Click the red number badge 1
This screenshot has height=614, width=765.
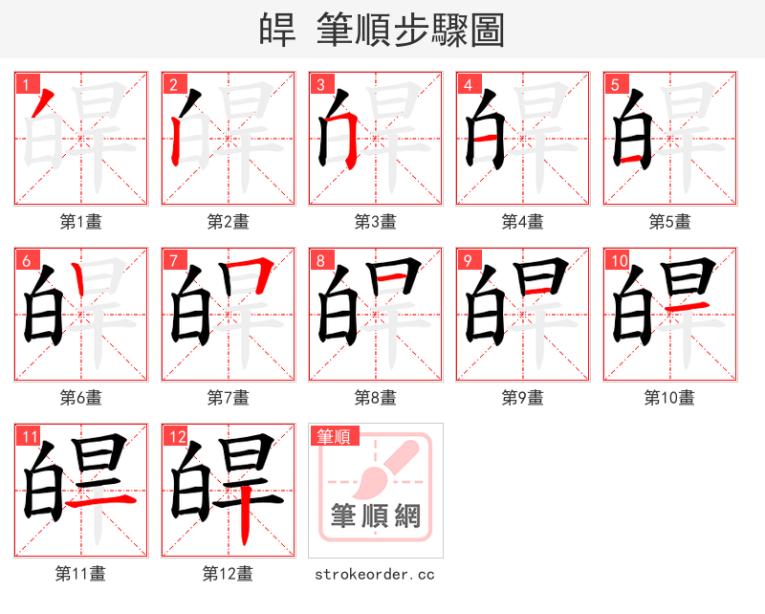24,84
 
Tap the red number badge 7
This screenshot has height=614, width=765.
172,260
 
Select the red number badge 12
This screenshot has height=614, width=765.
174,437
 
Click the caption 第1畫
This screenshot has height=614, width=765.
80,222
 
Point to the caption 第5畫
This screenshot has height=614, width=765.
669,222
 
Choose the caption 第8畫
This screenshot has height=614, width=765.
375,397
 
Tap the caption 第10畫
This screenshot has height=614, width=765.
669,397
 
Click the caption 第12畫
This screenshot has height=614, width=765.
228,574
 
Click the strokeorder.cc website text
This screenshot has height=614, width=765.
375,574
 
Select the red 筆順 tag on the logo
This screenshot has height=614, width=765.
334,436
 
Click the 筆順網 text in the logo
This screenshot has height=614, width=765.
375,516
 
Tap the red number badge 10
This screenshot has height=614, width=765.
618,260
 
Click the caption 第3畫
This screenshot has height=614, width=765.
375,222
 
